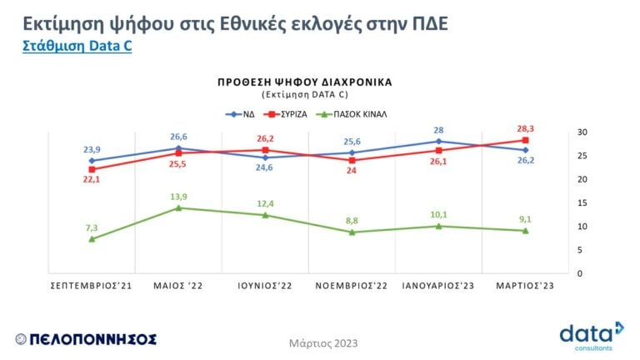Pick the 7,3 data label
tap(92, 227)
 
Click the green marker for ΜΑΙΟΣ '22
tap(178, 207)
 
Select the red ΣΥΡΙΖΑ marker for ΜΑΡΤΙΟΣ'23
tap(525, 140)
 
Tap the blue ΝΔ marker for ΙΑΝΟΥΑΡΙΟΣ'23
tap(439, 142)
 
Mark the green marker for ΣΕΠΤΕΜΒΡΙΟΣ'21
tap(92, 239)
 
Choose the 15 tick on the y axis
tap(582, 202)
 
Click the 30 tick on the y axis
tap(582, 132)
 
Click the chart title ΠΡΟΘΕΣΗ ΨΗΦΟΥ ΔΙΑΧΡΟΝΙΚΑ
tap(304, 82)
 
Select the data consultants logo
tap(592, 335)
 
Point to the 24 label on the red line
tap(352, 171)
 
